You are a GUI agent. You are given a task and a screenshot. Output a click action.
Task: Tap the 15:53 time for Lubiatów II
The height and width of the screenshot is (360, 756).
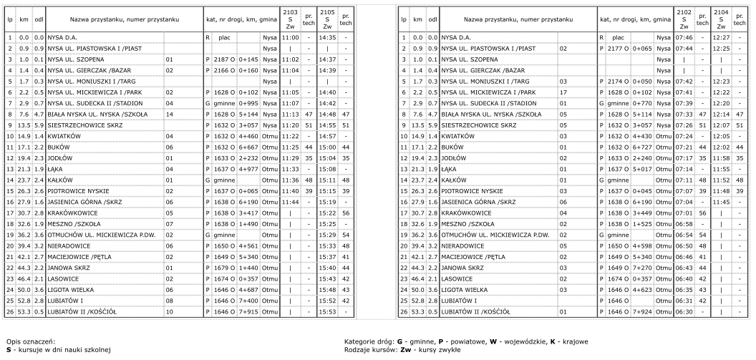click(x=326, y=312)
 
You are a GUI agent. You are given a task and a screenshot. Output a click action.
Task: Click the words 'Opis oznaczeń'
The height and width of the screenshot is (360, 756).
click(x=26, y=341)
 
